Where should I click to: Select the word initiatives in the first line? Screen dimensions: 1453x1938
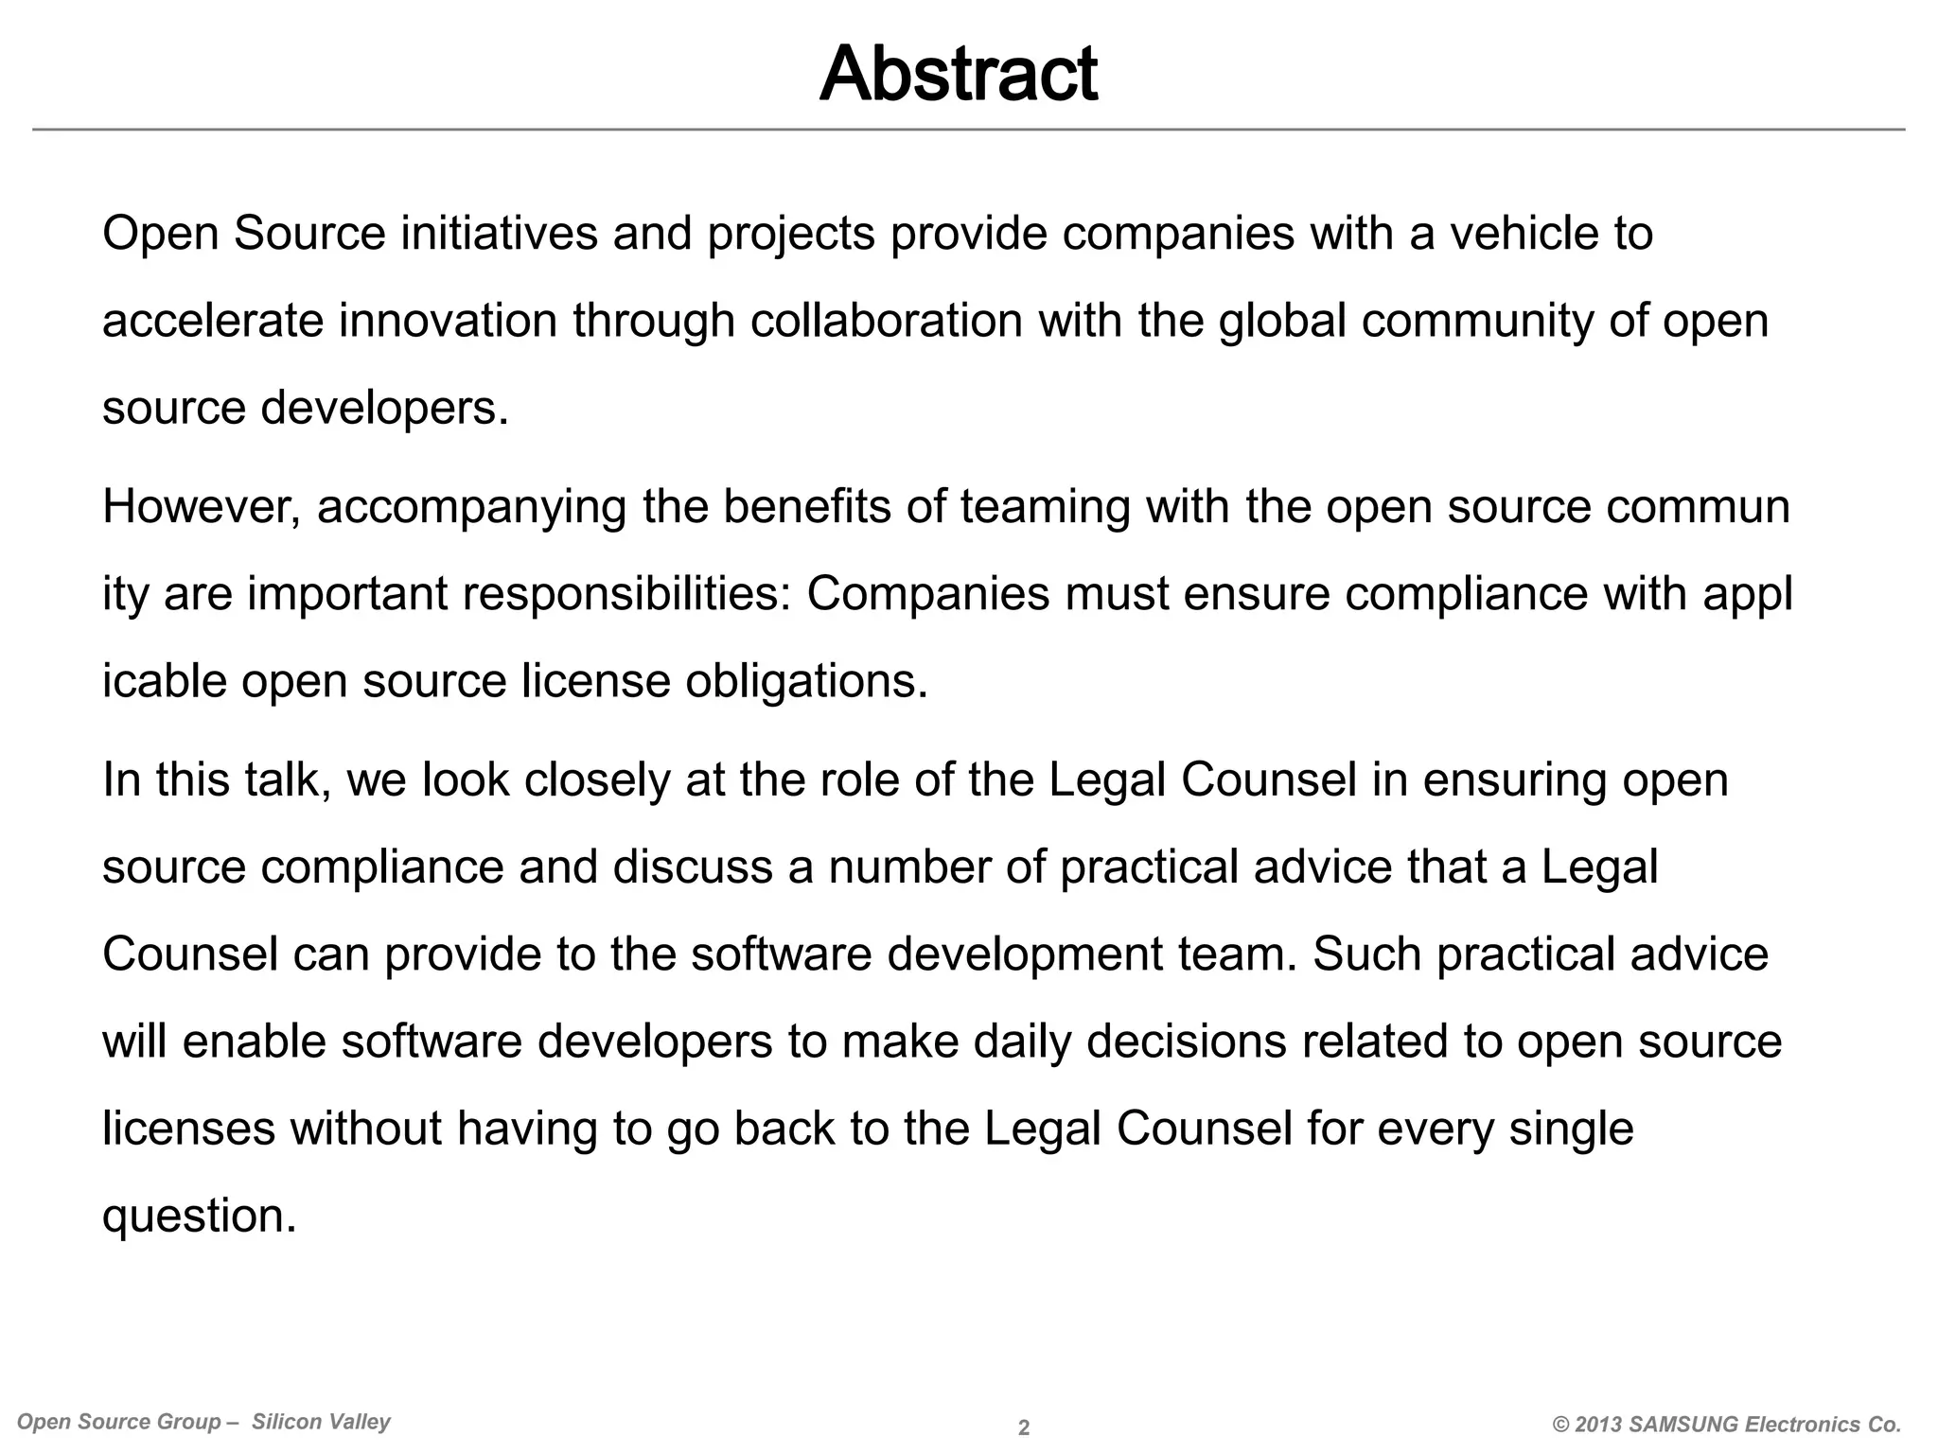coord(499,234)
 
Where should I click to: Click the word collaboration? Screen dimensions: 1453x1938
coord(887,321)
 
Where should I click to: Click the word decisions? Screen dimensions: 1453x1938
coord(1186,1042)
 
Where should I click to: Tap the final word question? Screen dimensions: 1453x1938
coord(199,1217)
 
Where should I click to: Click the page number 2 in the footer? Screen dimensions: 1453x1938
coord(1023,1428)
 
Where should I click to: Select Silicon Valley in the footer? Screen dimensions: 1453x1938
coord(321,1422)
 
